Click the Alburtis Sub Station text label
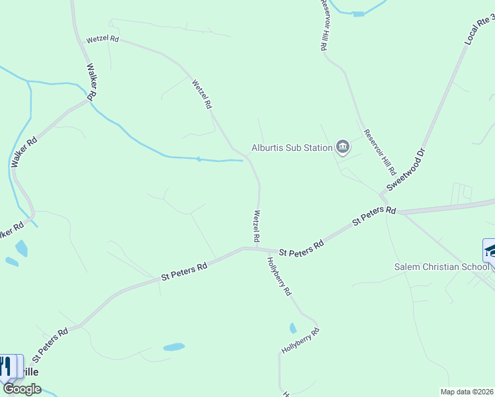pos(291,148)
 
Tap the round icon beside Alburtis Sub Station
pos(342,147)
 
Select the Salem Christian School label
pos(441,267)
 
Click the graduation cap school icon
pos(490,250)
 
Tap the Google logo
pos(22,389)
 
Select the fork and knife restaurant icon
pos(6,367)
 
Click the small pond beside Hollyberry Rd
pos(292,328)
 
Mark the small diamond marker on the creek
pos(198,159)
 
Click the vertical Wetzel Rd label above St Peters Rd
pos(256,226)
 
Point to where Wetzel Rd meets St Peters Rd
pos(257,249)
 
